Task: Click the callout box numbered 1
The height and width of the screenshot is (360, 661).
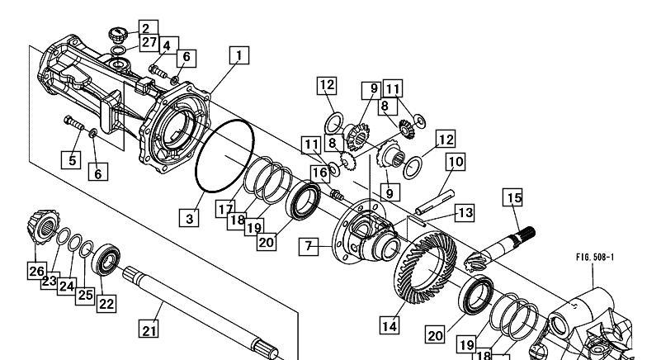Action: pos(239,55)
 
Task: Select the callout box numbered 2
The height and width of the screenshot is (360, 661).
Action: pos(146,28)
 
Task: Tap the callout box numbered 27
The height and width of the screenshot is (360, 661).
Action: pos(149,43)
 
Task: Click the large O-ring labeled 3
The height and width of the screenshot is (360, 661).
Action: pos(225,156)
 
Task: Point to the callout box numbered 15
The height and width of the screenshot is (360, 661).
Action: pos(512,197)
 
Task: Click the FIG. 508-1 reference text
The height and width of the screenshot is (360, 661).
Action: pos(595,257)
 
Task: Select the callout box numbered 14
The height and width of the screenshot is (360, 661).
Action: pos(390,325)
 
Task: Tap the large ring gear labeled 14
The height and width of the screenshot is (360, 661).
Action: pos(425,268)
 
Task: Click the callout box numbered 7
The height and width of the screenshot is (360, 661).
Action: pos(309,247)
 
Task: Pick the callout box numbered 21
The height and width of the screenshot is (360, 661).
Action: pos(149,329)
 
